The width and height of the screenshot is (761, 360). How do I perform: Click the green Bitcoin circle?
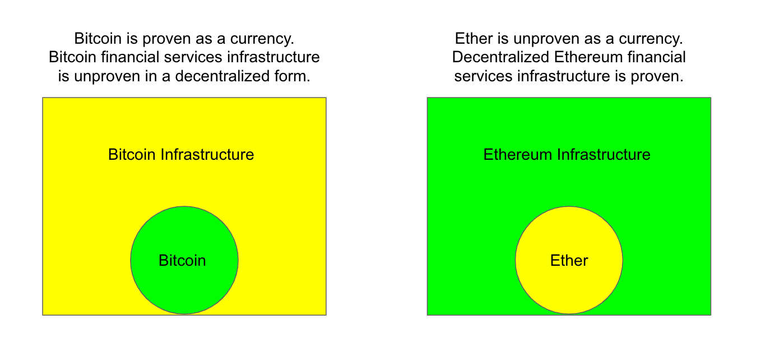(184, 260)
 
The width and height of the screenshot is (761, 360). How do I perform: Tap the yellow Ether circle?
(569, 260)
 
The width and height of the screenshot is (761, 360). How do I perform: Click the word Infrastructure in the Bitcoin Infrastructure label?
(207, 155)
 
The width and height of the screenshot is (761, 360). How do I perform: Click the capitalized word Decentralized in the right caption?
(500, 57)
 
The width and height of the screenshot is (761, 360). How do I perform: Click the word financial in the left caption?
(130, 57)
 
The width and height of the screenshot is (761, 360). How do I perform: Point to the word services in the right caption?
(484, 76)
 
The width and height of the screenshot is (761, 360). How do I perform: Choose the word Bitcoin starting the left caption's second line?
(72, 57)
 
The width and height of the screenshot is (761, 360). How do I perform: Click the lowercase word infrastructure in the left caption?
(273, 57)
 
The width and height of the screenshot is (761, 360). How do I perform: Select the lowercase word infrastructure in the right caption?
(564, 76)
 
